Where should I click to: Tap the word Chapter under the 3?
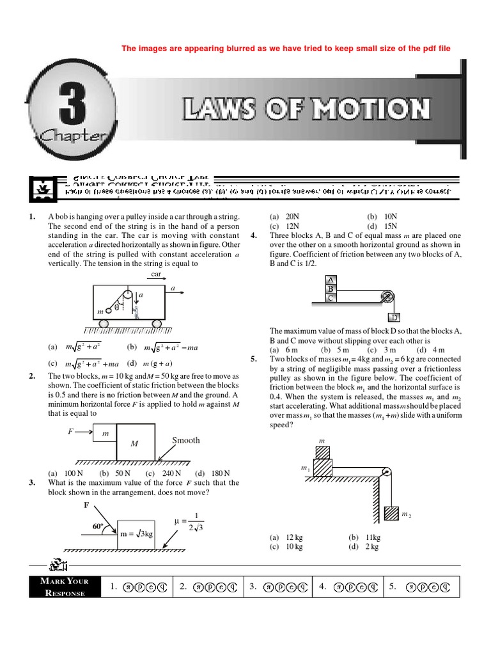coord(71,135)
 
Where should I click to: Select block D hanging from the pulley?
coord(394,318)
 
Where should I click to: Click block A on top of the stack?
coord(331,280)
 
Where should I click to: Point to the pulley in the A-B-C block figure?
coord(387,296)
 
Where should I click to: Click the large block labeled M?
coord(134,443)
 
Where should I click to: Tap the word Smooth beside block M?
coord(185,440)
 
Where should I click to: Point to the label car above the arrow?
coord(156,274)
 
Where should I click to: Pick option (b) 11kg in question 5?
coord(364,538)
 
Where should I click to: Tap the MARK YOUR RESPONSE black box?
coord(64,587)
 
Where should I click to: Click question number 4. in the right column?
coord(254,235)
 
